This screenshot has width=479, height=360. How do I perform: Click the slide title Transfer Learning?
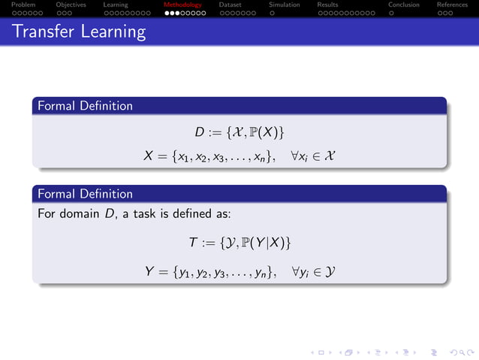[79, 32]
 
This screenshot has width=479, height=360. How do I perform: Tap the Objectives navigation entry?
[71, 5]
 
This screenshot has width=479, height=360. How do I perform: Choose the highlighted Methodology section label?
[182, 5]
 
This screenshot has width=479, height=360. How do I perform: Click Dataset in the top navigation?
[230, 5]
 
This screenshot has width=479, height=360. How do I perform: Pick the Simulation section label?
[284, 5]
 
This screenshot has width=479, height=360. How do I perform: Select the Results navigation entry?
[327, 5]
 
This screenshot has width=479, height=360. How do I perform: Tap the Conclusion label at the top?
[403, 5]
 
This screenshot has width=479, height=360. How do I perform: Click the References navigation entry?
[452, 5]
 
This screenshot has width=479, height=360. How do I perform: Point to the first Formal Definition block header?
[85, 106]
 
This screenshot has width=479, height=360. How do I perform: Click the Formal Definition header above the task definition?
[85, 194]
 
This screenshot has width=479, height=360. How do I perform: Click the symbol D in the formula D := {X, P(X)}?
[199, 133]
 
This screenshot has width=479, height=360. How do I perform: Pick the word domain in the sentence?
[79, 214]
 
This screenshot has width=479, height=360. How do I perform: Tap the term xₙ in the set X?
[266, 157]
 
